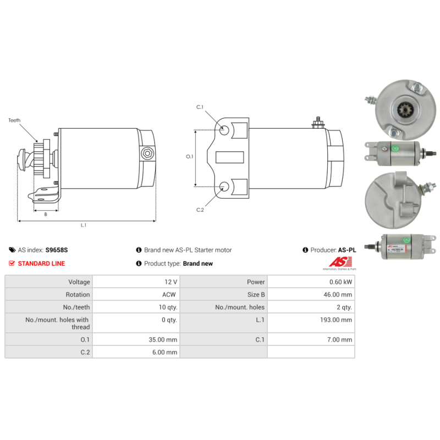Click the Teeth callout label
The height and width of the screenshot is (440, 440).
[x=14, y=120]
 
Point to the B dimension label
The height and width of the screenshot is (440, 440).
[x=45, y=215]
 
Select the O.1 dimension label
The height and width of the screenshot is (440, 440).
[x=190, y=157]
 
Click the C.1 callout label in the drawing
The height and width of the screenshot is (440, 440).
[x=200, y=107]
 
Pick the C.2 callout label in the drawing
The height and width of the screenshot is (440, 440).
[x=200, y=210]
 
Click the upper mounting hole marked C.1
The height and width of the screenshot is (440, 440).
[x=225, y=131]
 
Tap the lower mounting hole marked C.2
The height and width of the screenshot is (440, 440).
[x=225, y=186]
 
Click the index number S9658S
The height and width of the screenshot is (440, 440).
[x=57, y=250]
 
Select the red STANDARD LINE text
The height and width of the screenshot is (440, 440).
[x=41, y=263]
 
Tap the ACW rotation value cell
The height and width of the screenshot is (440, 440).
[x=169, y=294]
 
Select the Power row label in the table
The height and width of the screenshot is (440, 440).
[x=256, y=282]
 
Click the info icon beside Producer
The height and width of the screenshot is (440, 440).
[x=305, y=250]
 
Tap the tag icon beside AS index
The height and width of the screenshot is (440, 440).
[x=13, y=250]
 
